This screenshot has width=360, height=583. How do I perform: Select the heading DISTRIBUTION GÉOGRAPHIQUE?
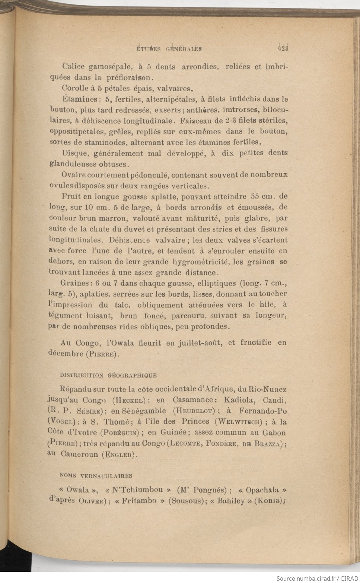108,375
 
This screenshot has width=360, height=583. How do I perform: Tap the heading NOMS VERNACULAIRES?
96,476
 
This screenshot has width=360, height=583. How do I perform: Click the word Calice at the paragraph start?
73,67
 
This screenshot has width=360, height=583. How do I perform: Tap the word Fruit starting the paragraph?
70,196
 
